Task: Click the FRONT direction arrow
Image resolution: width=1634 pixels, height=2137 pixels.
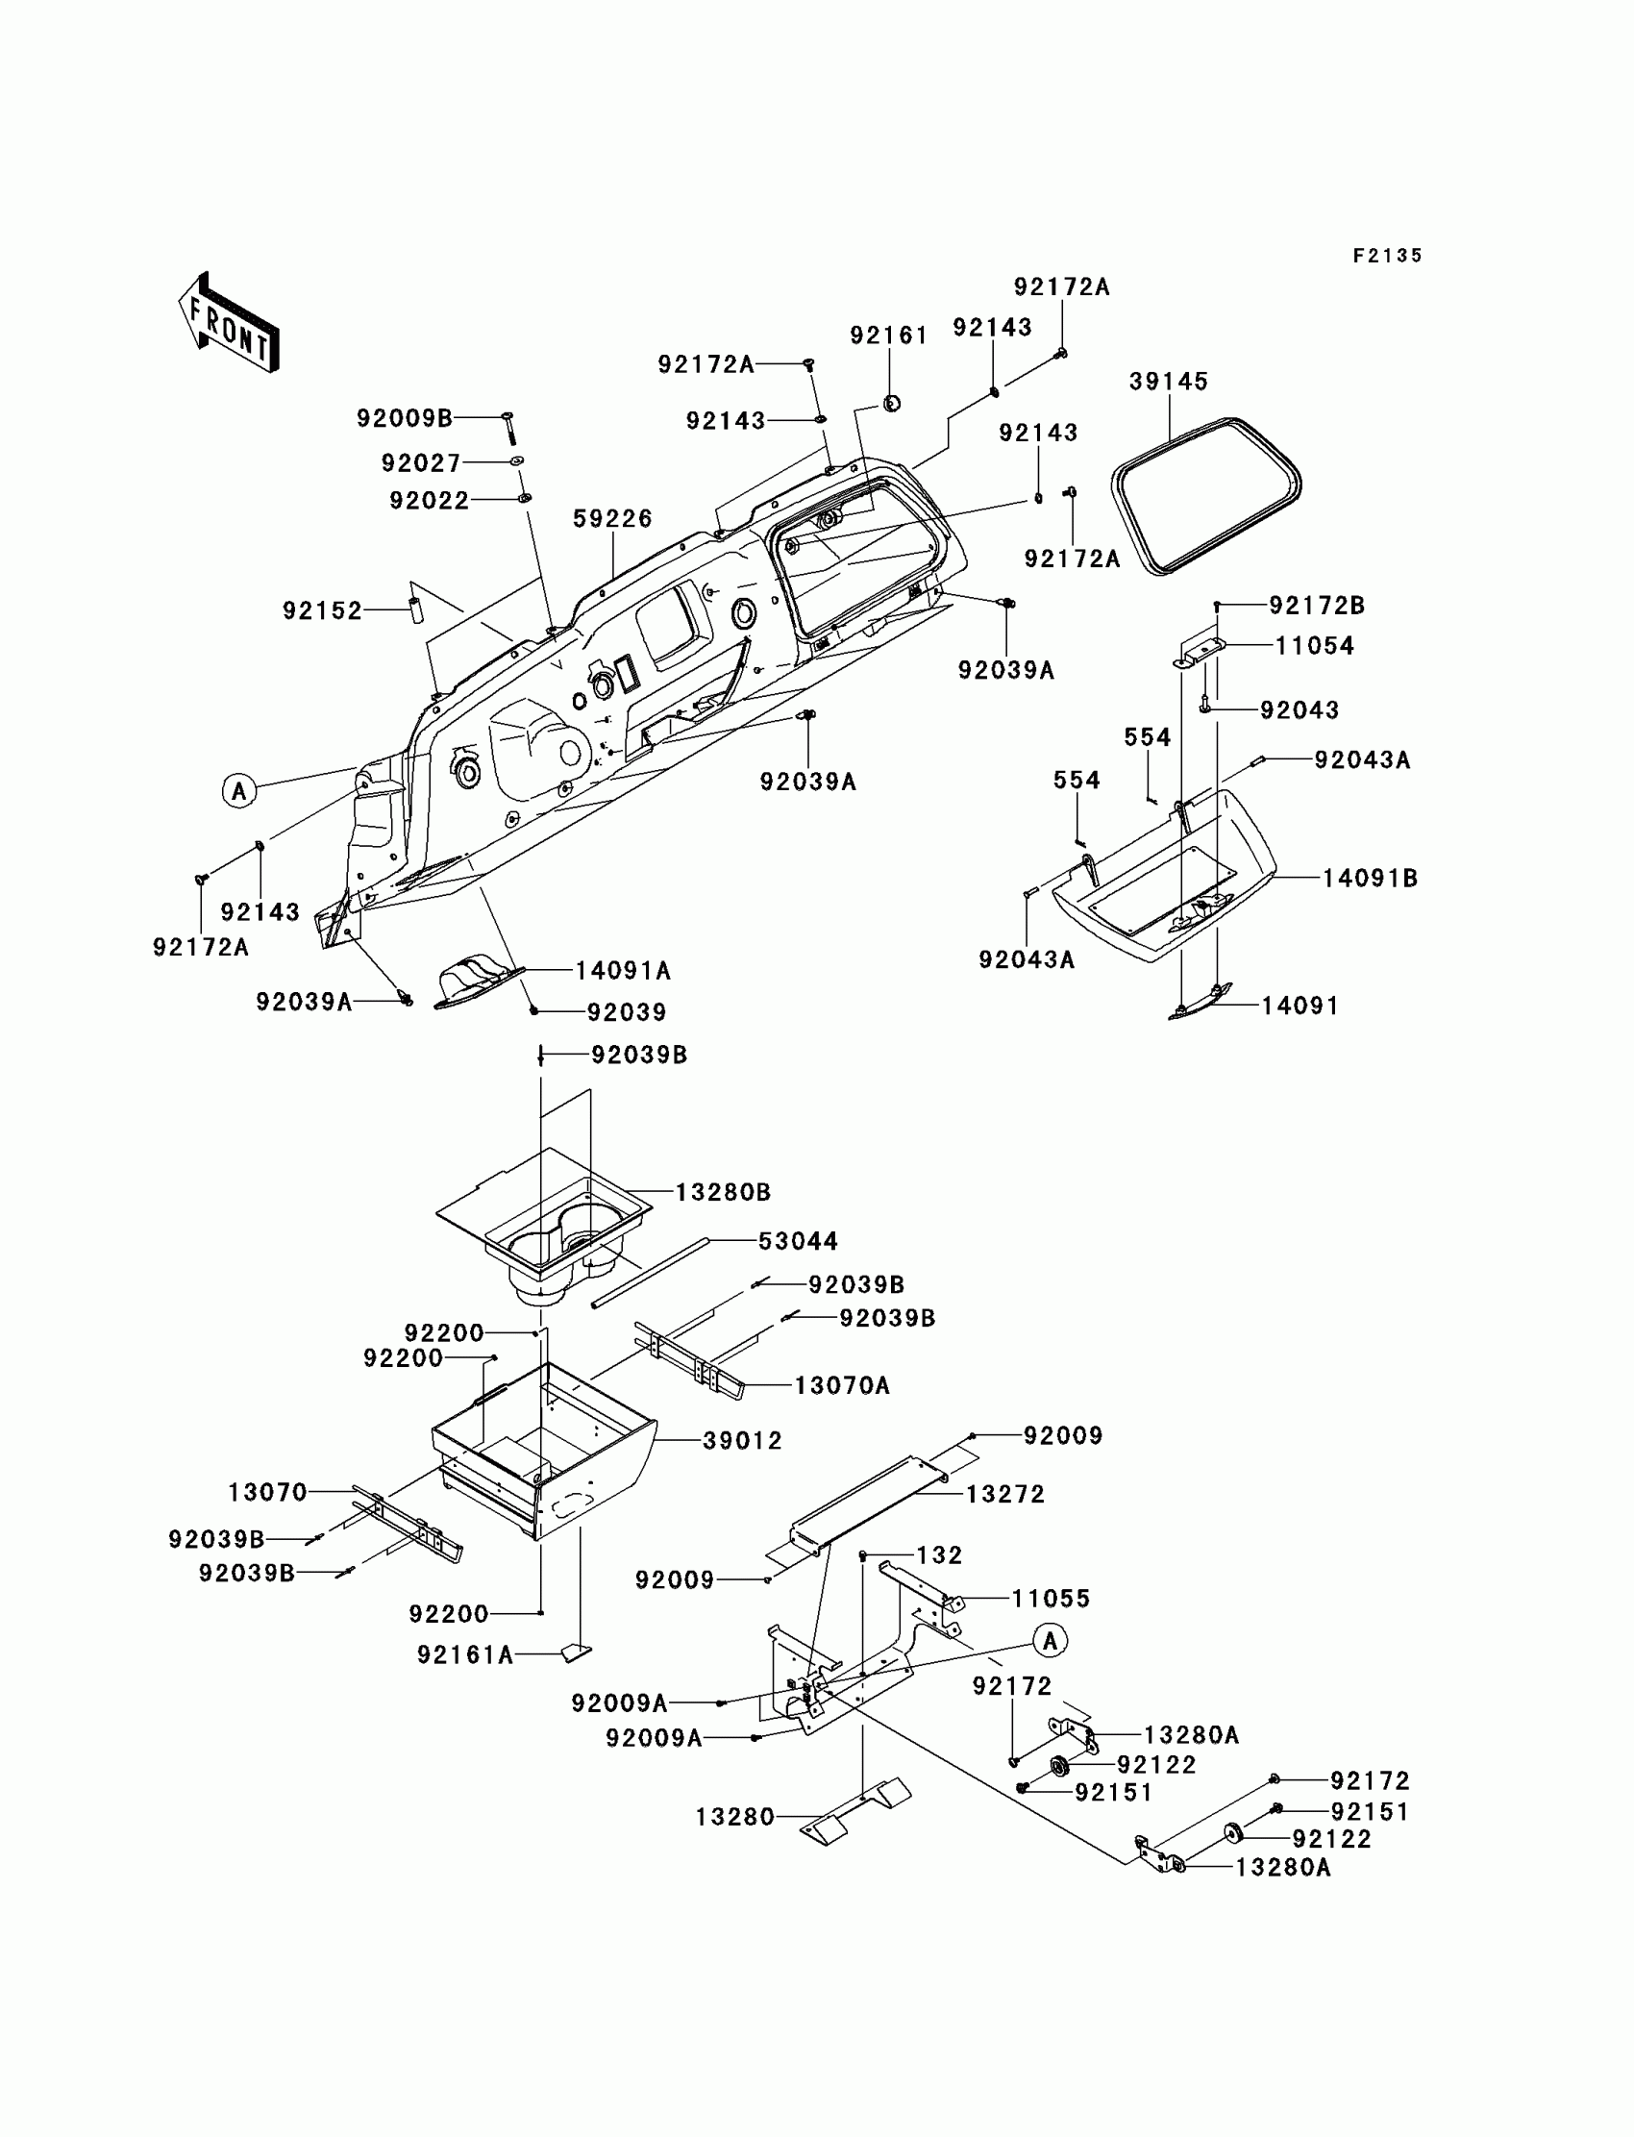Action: tap(230, 322)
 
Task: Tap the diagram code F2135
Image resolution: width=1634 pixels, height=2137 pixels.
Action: tap(1387, 256)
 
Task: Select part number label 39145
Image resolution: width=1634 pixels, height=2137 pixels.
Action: tap(1168, 382)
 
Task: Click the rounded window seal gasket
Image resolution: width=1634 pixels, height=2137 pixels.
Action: tap(1206, 495)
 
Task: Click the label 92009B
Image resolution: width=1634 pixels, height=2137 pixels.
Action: tap(405, 418)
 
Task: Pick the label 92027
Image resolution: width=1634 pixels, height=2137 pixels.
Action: tap(420, 463)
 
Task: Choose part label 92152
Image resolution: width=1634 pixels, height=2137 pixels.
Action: tap(322, 610)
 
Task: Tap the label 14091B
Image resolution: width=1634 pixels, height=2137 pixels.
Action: tap(1370, 879)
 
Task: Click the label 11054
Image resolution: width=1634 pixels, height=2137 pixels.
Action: tap(1314, 646)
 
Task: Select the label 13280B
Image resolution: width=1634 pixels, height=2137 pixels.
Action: tap(723, 1193)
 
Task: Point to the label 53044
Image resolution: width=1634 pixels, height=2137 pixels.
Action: tap(798, 1241)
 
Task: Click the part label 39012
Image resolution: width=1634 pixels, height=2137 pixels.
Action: tap(742, 1441)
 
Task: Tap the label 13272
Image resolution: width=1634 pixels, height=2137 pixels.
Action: tap(1004, 1494)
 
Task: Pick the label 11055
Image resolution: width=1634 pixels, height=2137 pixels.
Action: tap(1051, 1598)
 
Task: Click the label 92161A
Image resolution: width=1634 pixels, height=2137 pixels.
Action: tap(465, 1654)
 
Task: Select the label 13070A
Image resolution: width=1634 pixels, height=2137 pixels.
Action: tap(841, 1385)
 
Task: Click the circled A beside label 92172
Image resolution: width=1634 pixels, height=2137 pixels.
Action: tap(1050, 1641)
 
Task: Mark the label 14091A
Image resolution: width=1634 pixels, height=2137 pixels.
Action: tap(623, 971)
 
